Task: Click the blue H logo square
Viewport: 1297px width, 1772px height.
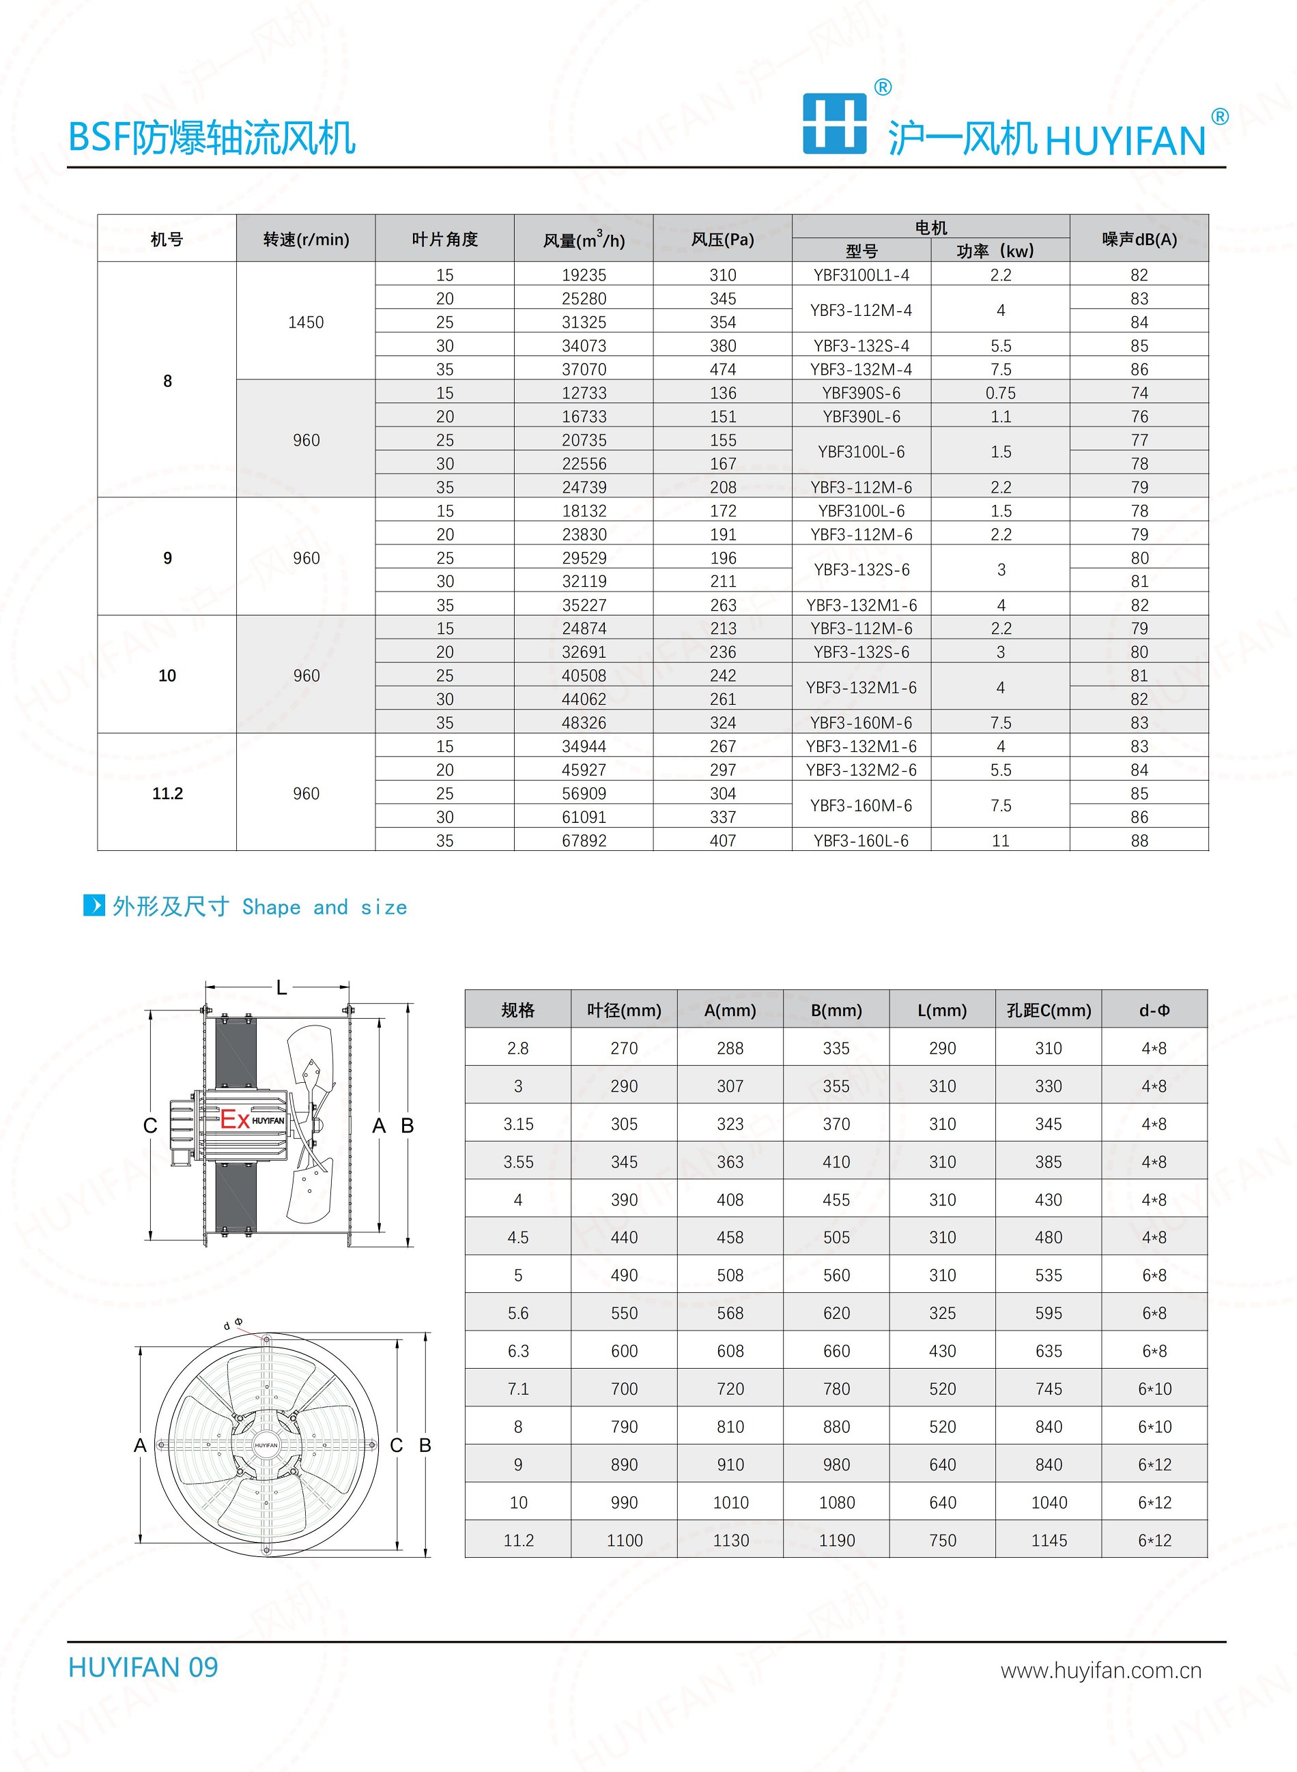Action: pyautogui.click(x=835, y=124)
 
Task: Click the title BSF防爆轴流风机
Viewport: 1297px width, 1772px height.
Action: pyautogui.click(x=212, y=137)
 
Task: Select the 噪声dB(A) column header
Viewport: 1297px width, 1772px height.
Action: pyautogui.click(x=1139, y=239)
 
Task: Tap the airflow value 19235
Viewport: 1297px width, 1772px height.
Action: pyautogui.click(x=584, y=275)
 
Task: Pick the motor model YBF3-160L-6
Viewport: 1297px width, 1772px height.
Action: pyautogui.click(x=861, y=841)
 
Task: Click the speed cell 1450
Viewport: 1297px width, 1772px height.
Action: pyautogui.click(x=307, y=322)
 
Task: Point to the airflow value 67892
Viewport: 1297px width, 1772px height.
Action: pyautogui.click(x=584, y=841)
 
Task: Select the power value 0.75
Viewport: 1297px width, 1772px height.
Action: pyautogui.click(x=1000, y=392)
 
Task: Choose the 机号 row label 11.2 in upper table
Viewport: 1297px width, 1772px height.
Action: pyautogui.click(x=167, y=794)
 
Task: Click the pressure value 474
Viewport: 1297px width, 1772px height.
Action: pyautogui.click(x=723, y=369)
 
